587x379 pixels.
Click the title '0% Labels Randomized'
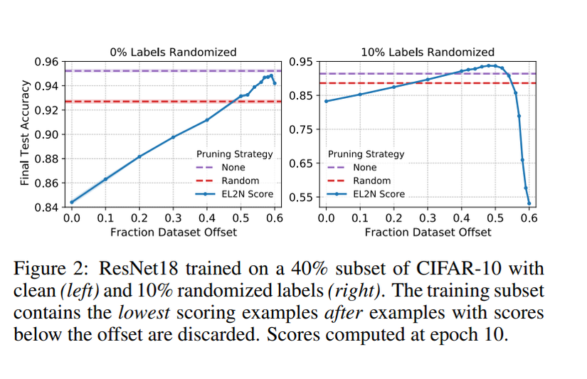(x=172, y=52)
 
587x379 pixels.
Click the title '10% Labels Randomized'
(x=427, y=52)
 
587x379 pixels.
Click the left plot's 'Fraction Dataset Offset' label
(x=173, y=232)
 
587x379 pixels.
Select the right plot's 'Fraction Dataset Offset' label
(x=428, y=232)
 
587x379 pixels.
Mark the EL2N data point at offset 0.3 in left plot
(x=173, y=137)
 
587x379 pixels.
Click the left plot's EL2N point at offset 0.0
(x=72, y=202)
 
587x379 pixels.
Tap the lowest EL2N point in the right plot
(x=529, y=203)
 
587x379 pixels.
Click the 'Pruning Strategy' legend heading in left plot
(x=234, y=154)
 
